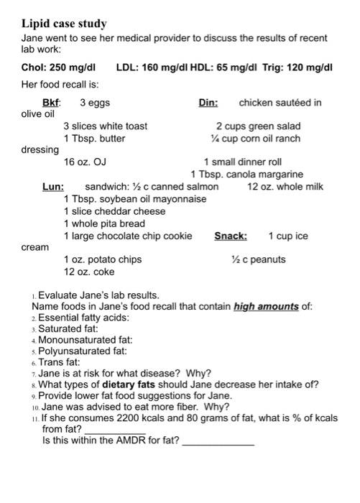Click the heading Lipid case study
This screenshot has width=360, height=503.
64,24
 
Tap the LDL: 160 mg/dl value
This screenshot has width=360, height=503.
149,68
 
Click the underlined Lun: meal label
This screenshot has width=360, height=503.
53,187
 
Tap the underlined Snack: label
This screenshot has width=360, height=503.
231,236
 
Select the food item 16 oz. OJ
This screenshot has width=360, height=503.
85,162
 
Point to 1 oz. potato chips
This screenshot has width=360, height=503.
103,259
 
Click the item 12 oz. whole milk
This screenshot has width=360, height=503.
285,187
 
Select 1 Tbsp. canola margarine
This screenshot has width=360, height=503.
246,175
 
